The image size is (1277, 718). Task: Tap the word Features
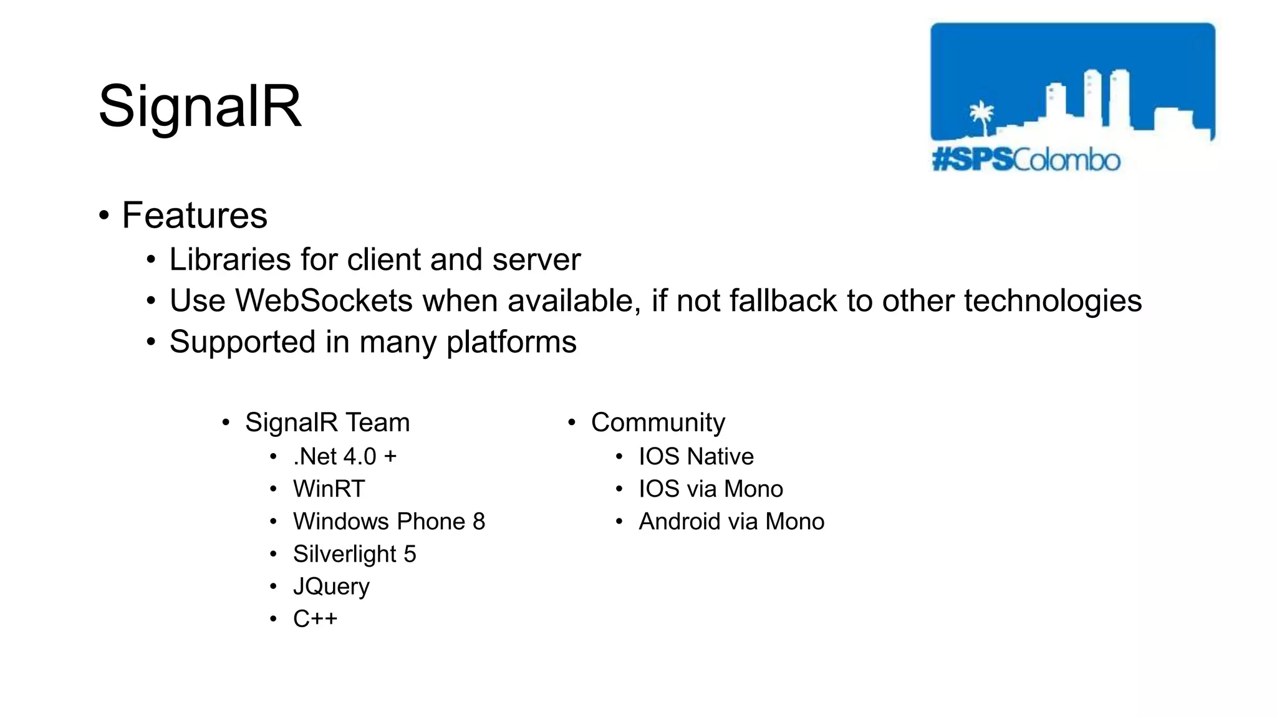195,216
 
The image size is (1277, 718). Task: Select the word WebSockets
323,301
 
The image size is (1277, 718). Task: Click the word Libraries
229,260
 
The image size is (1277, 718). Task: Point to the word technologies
1053,301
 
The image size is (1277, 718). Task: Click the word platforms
511,342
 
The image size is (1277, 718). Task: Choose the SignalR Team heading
327,423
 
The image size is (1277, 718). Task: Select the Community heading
658,423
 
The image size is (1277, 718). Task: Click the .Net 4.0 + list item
345,457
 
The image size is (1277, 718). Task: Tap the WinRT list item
329,489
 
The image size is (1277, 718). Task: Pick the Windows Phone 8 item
389,522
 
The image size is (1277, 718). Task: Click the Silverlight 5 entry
354,554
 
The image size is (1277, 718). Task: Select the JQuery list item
331,586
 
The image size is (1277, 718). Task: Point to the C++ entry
315,619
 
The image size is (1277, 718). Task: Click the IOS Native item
696,457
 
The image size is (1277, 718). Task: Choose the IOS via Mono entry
710,489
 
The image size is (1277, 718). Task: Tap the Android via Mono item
731,522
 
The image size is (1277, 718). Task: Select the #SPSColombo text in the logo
1026,160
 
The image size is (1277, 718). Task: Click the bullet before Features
104,216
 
